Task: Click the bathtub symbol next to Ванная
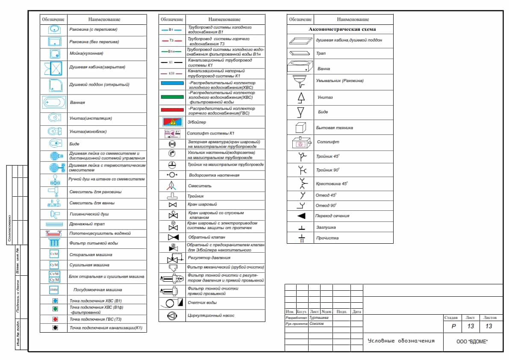tap(55, 103)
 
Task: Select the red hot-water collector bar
tap(172, 110)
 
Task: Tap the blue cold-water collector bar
tap(172, 84)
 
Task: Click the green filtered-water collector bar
tap(172, 97)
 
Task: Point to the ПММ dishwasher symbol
tap(54, 290)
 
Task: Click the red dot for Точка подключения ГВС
tap(55, 319)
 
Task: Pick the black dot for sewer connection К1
tap(55, 328)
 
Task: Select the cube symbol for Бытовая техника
tap(301, 127)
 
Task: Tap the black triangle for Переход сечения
tap(301, 216)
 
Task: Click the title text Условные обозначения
tap(401, 341)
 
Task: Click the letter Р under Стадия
tap(453, 326)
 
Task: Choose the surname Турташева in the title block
tap(319, 318)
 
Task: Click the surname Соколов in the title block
tap(317, 324)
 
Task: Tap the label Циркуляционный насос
tap(211, 316)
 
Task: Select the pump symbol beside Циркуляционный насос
tap(172, 316)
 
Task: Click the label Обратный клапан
tap(206, 237)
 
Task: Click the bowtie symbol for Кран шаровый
tap(172, 205)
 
